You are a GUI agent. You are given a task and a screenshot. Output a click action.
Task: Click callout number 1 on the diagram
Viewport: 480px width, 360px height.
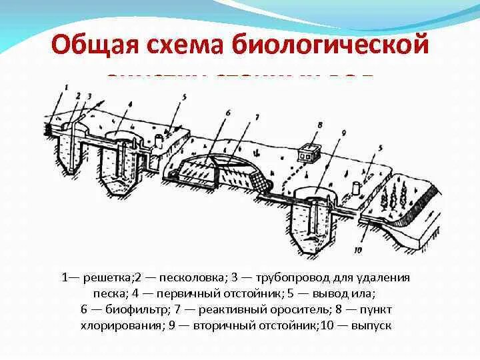tap(66, 87)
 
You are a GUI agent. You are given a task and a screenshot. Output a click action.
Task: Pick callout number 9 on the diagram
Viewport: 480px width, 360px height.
tap(344, 133)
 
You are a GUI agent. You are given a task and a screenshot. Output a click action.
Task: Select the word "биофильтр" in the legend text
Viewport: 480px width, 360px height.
tap(130, 310)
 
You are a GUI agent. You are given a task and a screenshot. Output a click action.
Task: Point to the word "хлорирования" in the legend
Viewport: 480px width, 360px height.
tap(127, 326)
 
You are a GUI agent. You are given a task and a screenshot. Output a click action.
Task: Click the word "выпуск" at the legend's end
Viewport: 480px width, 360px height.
tap(371, 326)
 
